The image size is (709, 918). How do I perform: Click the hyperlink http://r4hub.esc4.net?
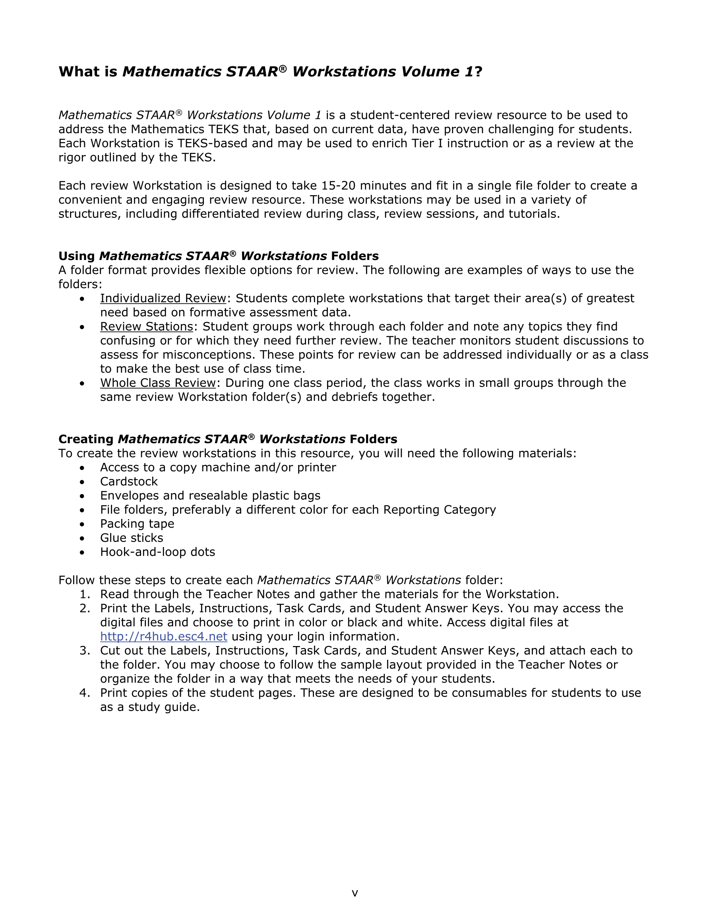(x=163, y=637)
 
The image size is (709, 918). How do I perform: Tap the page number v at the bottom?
(x=355, y=893)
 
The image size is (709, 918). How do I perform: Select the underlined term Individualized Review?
(x=163, y=298)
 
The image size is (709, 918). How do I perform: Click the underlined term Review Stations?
(x=146, y=326)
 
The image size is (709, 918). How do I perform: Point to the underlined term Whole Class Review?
(x=158, y=382)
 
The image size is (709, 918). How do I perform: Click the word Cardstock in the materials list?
(x=129, y=481)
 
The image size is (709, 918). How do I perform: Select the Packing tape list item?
(x=137, y=524)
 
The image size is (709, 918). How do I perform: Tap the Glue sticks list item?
(x=131, y=538)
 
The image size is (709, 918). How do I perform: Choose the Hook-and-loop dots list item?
(x=157, y=552)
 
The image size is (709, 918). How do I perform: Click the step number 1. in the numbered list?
(x=85, y=594)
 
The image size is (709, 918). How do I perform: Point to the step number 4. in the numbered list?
(x=85, y=693)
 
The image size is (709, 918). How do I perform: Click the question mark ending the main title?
(x=478, y=72)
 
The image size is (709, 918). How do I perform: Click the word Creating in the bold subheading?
(x=86, y=439)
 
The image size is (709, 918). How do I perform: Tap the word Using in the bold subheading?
(x=76, y=256)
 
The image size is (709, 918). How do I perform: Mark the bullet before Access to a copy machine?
(x=82, y=468)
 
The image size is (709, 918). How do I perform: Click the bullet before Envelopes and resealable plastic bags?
(x=82, y=496)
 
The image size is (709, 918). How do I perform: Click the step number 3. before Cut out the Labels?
(x=85, y=651)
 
